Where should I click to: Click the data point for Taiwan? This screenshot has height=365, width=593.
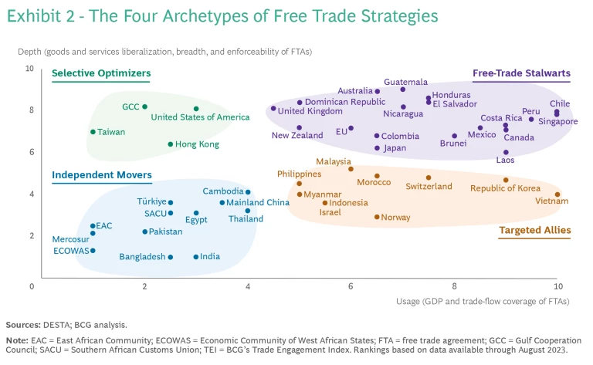[x=93, y=132]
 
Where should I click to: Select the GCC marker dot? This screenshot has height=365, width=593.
[x=144, y=106]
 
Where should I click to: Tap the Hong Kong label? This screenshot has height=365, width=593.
[x=198, y=144]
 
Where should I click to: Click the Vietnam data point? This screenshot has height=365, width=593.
[x=557, y=194]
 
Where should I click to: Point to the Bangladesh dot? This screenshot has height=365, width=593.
[x=171, y=257]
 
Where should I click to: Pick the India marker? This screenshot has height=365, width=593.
[x=196, y=257]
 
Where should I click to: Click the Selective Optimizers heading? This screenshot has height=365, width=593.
[x=101, y=74]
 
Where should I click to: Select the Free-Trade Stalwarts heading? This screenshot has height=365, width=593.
[x=521, y=74]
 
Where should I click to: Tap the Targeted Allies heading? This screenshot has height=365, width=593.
[x=534, y=230]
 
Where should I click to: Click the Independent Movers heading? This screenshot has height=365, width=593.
[x=102, y=175]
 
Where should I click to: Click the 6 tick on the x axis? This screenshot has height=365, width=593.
[x=351, y=286]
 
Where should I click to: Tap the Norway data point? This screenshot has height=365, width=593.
[x=377, y=217]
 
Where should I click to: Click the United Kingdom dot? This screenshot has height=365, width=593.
[x=273, y=109]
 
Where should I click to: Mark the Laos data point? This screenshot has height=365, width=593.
[x=506, y=153]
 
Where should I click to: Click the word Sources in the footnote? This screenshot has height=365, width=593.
[x=24, y=325]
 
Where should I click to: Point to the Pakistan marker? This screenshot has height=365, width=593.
[x=144, y=232]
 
